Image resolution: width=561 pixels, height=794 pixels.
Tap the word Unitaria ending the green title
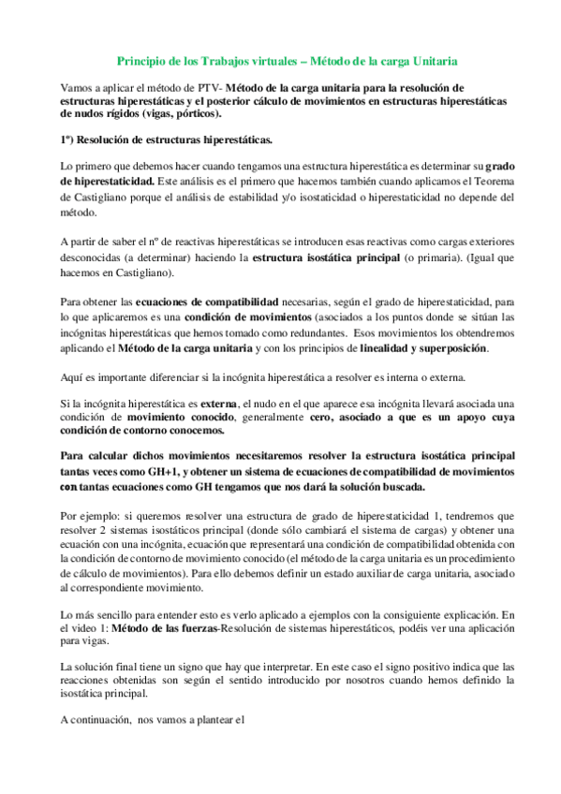[x=432, y=60]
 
